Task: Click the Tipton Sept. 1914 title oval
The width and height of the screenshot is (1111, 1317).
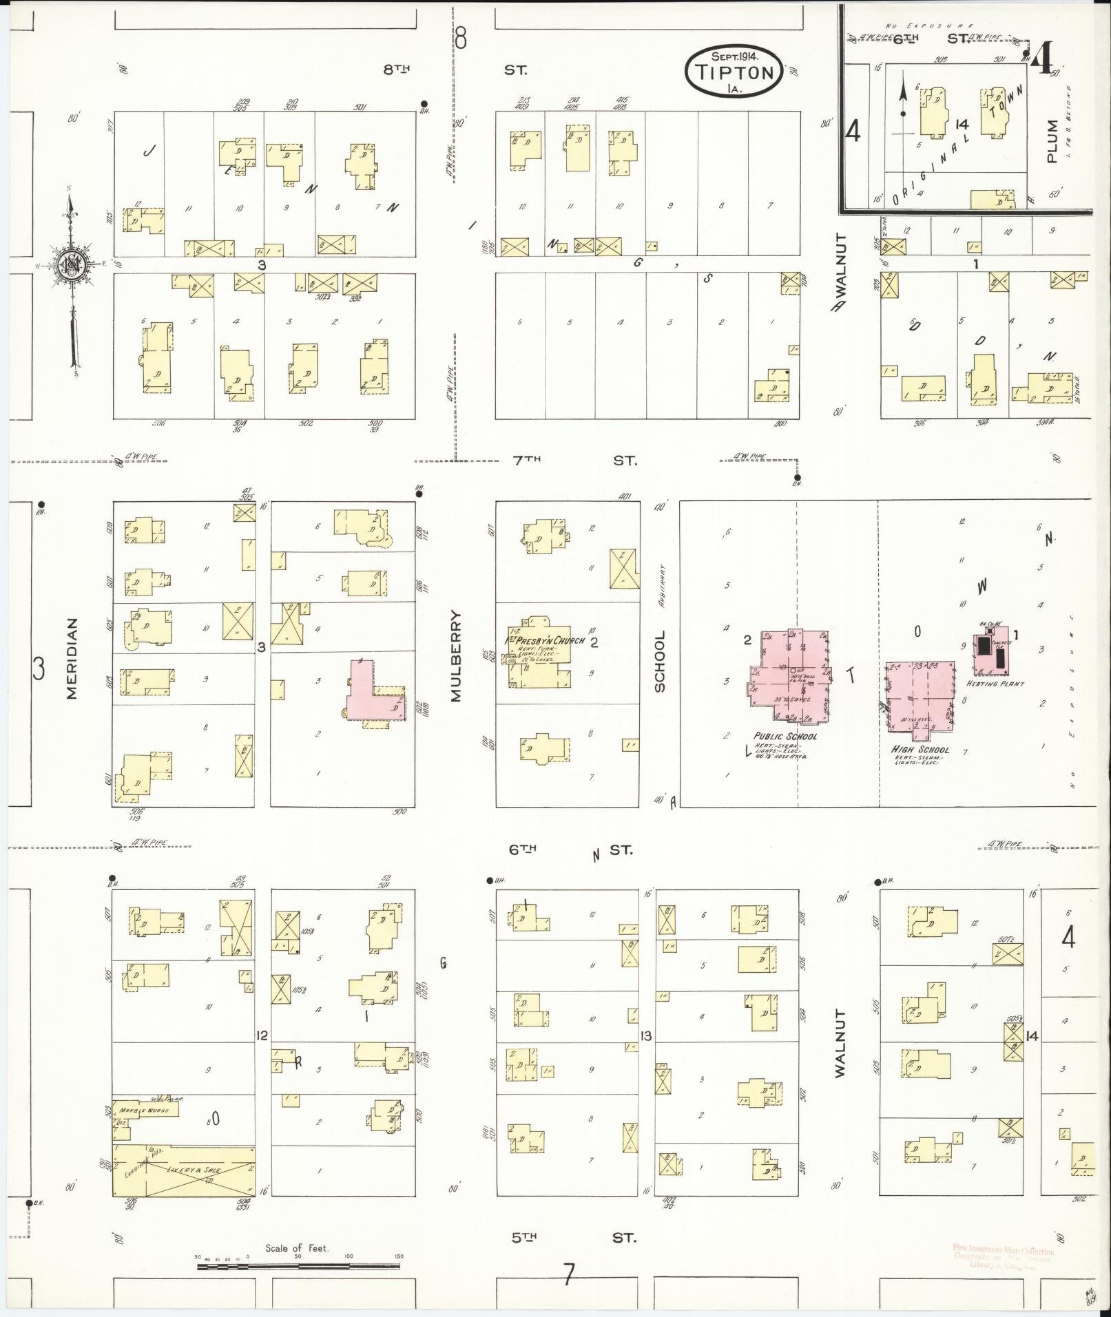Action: click(734, 69)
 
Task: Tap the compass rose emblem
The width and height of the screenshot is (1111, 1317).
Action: click(71, 263)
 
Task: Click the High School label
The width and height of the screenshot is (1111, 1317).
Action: click(920, 750)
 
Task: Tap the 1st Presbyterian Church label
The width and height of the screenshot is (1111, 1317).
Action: click(546, 640)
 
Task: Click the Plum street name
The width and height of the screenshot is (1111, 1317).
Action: click(1051, 141)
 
